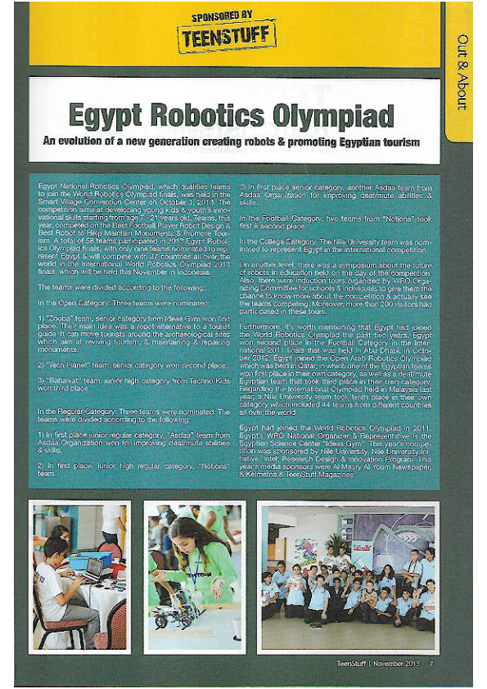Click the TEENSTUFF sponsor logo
click(x=227, y=36)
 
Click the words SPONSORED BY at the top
click(x=227, y=15)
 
